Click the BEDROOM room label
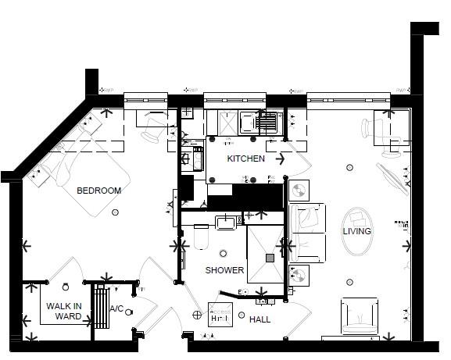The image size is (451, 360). pos(98,191)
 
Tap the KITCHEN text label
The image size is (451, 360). pos(245,159)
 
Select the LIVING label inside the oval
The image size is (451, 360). pos(356,231)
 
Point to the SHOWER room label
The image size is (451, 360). pos(224,270)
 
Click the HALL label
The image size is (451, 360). pos(260,319)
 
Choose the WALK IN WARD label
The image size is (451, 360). pos(63,311)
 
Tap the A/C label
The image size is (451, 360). pos(116,308)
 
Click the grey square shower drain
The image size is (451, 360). pos(270,258)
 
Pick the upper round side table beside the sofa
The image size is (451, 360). pos(298,190)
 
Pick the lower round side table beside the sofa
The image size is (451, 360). pos(298,275)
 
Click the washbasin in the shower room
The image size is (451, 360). pos(227,223)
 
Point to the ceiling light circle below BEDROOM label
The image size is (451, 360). pos(116,212)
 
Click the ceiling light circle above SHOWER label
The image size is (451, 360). pos(224,252)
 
